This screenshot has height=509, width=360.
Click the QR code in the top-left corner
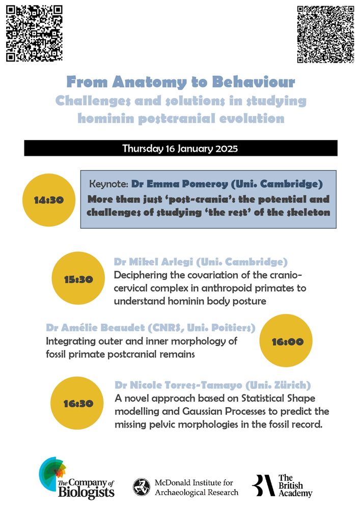[34, 34]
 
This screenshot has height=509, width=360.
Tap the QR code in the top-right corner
[325, 34]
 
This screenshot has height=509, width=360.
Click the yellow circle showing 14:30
[49, 200]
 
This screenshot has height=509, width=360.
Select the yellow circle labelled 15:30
[78, 279]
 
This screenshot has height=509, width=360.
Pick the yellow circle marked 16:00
[287, 342]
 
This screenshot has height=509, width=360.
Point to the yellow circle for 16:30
[78, 404]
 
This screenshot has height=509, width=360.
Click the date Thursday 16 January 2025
[180, 149]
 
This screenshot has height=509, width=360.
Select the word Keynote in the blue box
[108, 184]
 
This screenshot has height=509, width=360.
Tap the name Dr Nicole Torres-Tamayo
[176, 385]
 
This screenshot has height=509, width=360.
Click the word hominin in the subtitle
[106, 119]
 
